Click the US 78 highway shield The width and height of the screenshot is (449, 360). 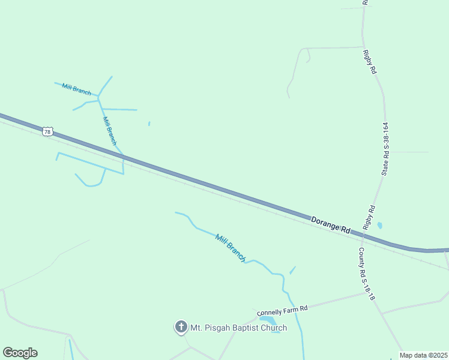click(x=48, y=131)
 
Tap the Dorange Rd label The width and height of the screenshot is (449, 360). click(x=330, y=225)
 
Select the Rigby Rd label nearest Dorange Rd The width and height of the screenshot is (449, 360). click(x=369, y=217)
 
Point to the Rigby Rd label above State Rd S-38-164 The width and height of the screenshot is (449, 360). click(x=370, y=62)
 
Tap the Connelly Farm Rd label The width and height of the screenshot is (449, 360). click(x=282, y=310)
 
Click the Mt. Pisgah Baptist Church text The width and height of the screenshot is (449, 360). click(x=238, y=328)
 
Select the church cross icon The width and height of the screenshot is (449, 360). click(x=181, y=328)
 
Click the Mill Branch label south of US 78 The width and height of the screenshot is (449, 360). click(x=231, y=248)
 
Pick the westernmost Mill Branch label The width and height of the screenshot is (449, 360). click(x=76, y=89)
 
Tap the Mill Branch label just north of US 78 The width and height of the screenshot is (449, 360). click(x=109, y=131)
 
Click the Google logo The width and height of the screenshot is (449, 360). click(x=20, y=353)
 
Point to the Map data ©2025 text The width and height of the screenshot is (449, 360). click(x=423, y=355)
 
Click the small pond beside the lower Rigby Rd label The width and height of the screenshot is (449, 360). click(x=379, y=226)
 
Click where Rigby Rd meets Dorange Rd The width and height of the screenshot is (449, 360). click(x=363, y=235)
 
